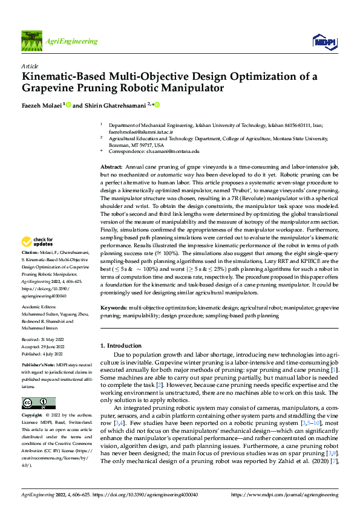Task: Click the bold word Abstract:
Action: [111, 166]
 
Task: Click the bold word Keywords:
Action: [113, 308]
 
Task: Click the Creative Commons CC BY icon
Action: [39, 386]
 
